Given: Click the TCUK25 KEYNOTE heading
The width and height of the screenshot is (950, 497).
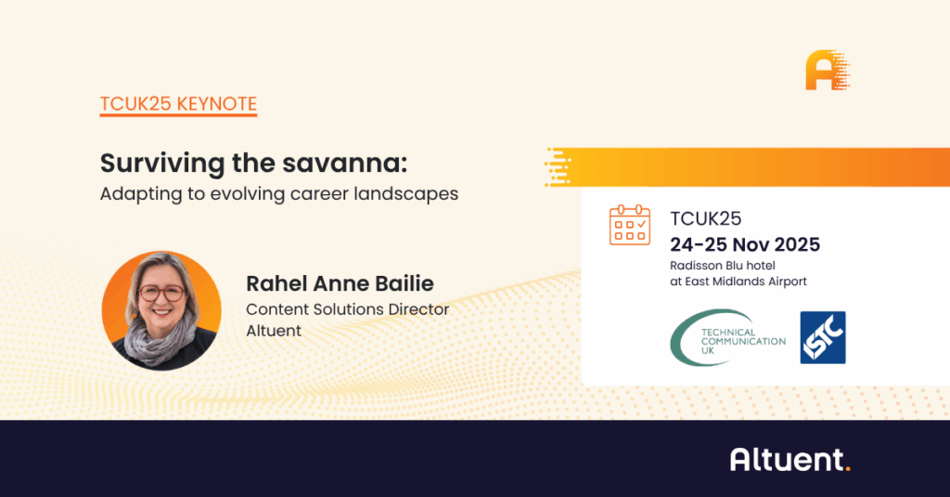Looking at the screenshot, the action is point(179,104).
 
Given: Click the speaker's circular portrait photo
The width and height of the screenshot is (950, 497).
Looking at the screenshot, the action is point(161,310).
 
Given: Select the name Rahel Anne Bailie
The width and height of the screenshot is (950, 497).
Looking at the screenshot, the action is point(340,283).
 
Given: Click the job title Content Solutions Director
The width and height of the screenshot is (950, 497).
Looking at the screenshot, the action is point(348,309).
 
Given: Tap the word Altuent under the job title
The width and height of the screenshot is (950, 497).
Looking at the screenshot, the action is point(274,331).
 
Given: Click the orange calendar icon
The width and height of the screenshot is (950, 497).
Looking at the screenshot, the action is point(630,225).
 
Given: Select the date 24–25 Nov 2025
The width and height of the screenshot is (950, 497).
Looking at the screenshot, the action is point(745,244).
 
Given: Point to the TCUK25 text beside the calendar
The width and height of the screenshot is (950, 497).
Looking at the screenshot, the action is point(706,218).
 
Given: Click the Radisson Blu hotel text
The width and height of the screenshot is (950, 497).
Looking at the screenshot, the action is point(723,266).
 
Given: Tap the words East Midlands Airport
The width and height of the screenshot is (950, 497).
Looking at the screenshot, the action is point(746,281).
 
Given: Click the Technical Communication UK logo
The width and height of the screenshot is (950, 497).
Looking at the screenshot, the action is point(728,338).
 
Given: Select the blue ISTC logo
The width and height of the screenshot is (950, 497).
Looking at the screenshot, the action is point(823,338).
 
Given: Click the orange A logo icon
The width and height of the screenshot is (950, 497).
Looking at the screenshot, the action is point(828,71).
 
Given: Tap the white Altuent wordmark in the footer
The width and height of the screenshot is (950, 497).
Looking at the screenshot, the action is point(790,459).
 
